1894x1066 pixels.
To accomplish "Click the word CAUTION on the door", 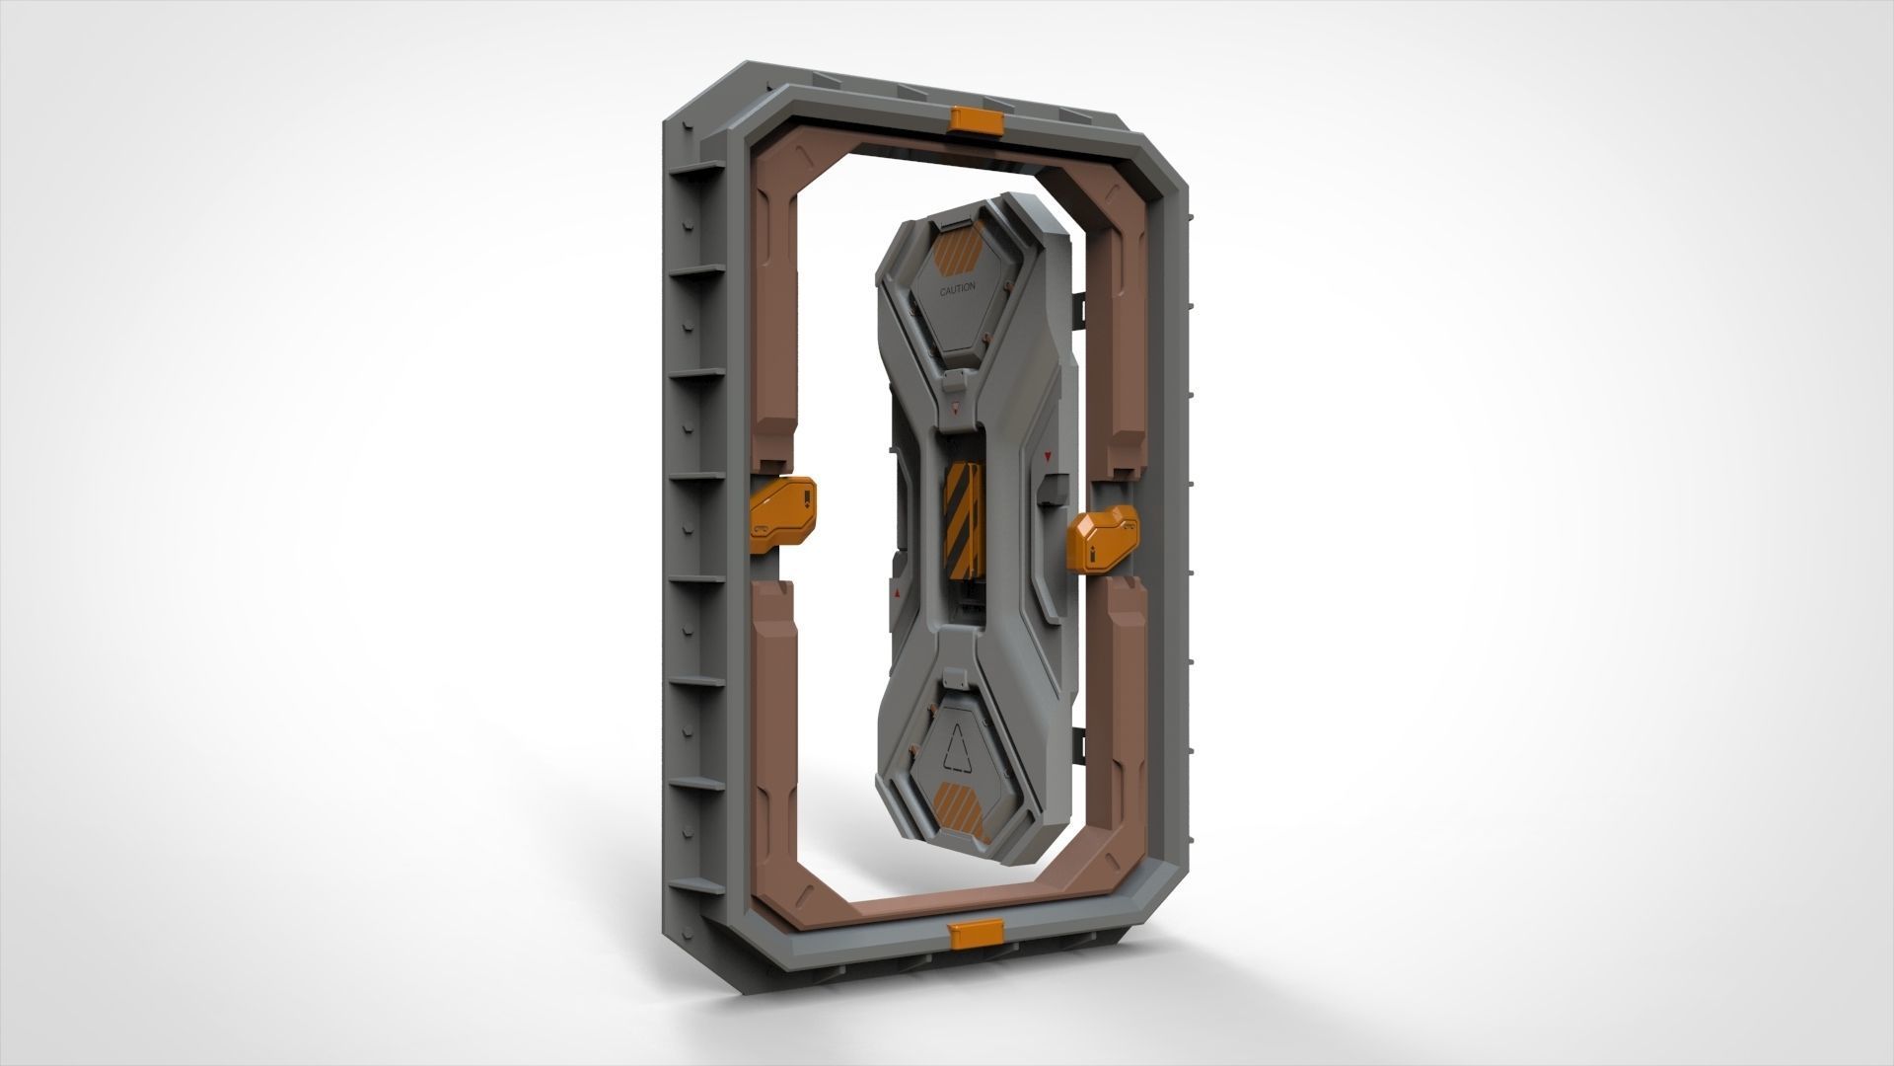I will click(x=957, y=288).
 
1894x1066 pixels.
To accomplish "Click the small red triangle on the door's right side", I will click(x=1048, y=458).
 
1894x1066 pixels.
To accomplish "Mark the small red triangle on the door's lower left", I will click(x=898, y=596).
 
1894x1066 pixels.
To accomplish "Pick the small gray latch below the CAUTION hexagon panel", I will click(x=956, y=378).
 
